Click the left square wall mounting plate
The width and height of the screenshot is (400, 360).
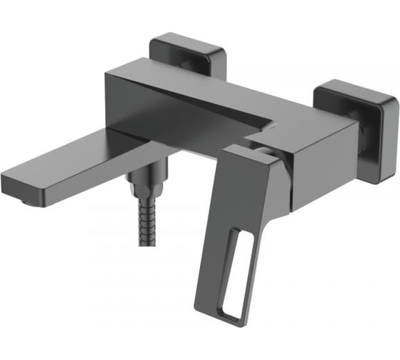[188, 52]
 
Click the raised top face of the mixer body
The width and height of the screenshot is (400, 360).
[193, 86]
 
